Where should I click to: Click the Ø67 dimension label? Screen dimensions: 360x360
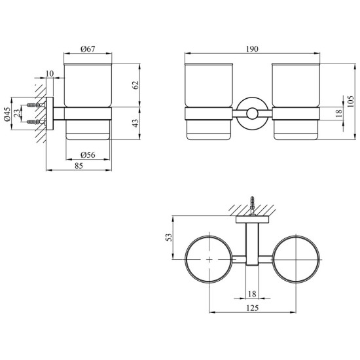point(88,49)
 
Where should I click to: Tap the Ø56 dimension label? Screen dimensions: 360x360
point(88,155)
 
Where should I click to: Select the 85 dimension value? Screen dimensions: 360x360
point(79,166)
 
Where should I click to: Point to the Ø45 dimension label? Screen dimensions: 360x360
point(7,114)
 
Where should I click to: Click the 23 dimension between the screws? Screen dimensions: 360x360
point(17,113)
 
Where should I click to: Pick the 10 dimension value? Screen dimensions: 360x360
point(50,74)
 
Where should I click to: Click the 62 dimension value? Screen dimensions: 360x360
point(135,85)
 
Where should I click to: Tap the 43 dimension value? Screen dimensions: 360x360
point(135,123)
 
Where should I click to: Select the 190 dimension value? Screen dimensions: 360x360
point(252,49)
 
